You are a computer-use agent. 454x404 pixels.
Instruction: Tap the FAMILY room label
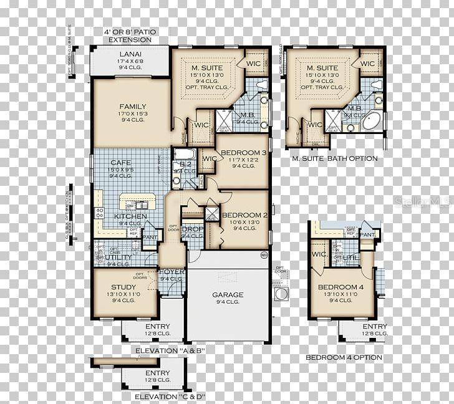tap(133, 107)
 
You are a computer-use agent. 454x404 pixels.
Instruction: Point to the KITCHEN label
tap(130, 216)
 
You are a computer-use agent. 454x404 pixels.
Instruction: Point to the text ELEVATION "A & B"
tap(170, 352)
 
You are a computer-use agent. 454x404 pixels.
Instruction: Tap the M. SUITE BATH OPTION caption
tap(335, 158)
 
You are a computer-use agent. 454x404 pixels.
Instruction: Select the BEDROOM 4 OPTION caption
tap(344, 357)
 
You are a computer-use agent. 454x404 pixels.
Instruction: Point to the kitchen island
tap(137, 203)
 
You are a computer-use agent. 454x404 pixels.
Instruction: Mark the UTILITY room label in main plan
tap(118, 257)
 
